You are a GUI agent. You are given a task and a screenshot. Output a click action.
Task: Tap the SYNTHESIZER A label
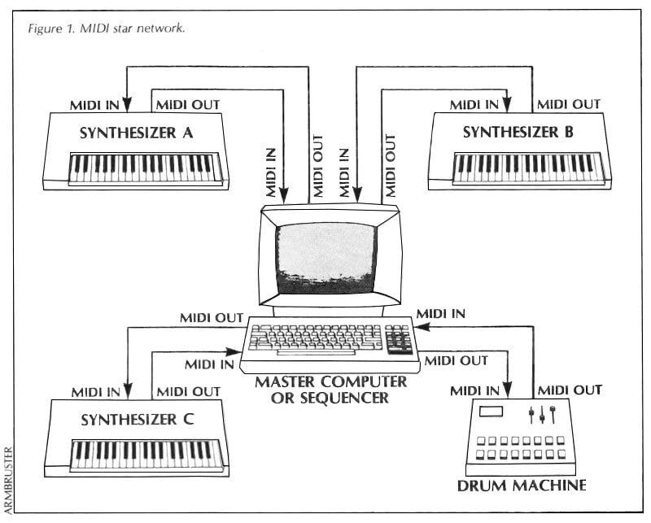[136, 133]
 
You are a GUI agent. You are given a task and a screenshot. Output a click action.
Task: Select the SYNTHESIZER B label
[518, 133]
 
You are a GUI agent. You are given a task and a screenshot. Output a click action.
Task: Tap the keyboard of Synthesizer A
[143, 168]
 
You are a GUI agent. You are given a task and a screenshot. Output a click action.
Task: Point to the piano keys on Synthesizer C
[146, 452]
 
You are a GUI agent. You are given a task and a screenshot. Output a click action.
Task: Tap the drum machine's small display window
[492, 412]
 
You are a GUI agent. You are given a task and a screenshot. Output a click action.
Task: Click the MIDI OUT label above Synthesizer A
[186, 104]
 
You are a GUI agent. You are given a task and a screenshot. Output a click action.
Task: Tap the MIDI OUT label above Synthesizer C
[188, 391]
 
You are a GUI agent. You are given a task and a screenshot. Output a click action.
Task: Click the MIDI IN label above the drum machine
[477, 392]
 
